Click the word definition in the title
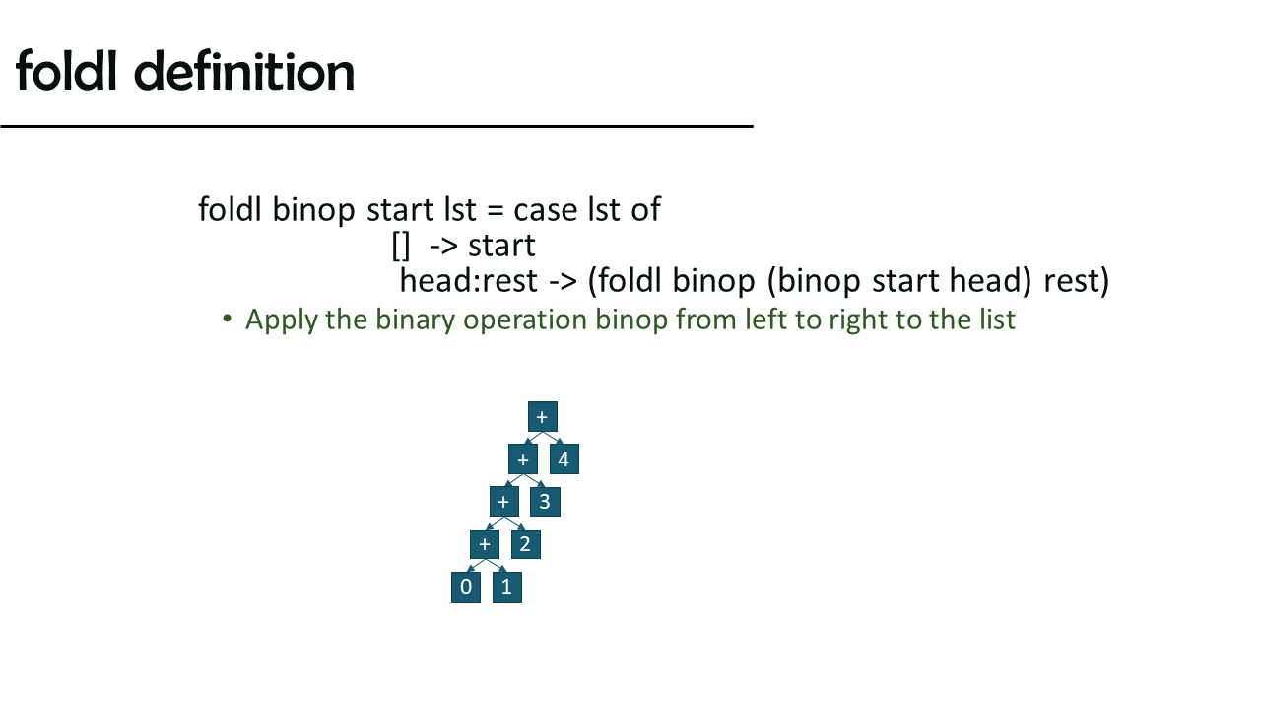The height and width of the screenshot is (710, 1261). coord(244,71)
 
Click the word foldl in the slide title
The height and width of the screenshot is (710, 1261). coord(66,70)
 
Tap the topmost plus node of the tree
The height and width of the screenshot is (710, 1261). coord(542,417)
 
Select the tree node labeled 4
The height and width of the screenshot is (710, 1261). coord(564,460)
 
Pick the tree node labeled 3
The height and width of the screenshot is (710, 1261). coord(545,502)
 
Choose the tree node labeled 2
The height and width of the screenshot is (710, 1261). coord(526,544)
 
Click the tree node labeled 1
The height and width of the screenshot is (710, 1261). coord(506,587)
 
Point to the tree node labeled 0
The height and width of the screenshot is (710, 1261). coord(466,587)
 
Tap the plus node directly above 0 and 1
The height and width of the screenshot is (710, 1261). coord(485,544)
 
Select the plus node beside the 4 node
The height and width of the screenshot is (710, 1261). coord(523,460)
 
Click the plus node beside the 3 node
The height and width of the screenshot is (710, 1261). coord(503,502)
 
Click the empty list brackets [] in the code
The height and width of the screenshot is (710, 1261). coord(401,247)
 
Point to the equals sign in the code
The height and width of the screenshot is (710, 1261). coord(495,211)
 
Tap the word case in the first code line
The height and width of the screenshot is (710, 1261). coord(545,210)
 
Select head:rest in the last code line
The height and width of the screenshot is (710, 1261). coord(468,281)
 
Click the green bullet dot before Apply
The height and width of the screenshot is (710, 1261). coord(228,319)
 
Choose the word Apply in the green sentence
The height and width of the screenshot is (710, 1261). coord(281,320)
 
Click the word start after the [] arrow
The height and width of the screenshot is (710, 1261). coord(501,247)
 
